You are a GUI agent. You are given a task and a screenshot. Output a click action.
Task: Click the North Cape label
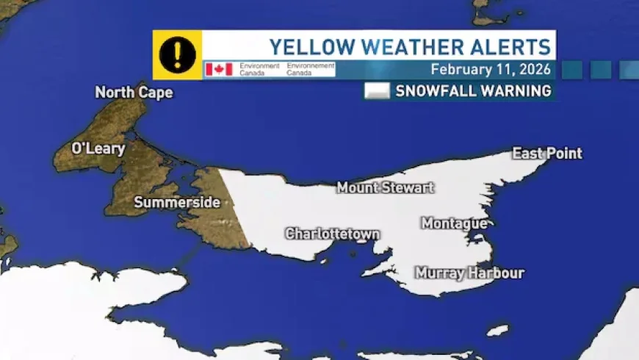pos(134,93)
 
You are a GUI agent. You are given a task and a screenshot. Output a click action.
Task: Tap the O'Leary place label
pos(98,148)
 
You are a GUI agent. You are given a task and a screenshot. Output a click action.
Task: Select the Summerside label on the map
pos(177,202)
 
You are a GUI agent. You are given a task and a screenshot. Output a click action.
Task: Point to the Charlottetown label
pos(332,234)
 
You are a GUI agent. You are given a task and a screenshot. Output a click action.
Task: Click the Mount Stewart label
pos(385,188)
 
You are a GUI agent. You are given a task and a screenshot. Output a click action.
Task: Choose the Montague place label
pos(454,223)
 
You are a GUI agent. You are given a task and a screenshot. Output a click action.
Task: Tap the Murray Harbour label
pos(469,273)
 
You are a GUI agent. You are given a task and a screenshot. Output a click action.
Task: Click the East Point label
pos(546,154)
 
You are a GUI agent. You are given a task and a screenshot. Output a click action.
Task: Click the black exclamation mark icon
pos(177,55)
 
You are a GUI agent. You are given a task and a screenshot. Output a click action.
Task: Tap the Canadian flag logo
pos(219,69)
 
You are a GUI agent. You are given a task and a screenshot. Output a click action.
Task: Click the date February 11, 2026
pos(490,70)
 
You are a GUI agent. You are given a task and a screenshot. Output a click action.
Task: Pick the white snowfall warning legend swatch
pos(377,91)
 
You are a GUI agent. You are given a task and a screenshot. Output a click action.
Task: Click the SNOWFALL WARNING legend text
pos(473,91)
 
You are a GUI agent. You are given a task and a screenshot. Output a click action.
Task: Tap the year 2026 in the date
pos(535,70)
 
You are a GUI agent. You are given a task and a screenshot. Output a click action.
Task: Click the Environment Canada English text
pos(259,69)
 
